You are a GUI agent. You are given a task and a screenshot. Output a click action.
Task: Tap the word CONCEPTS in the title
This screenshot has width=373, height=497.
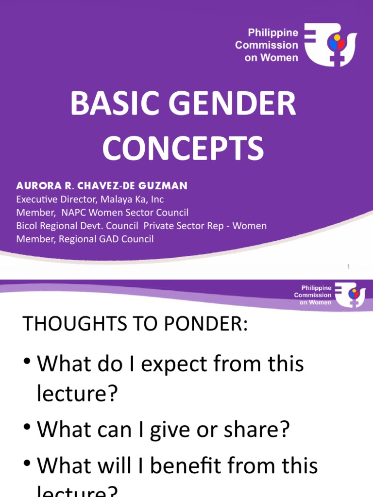pos(184,149)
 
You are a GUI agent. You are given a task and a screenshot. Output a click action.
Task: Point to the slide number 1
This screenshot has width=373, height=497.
pos(349,266)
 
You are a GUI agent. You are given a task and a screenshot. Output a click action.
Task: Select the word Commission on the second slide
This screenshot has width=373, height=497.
pos(313,295)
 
